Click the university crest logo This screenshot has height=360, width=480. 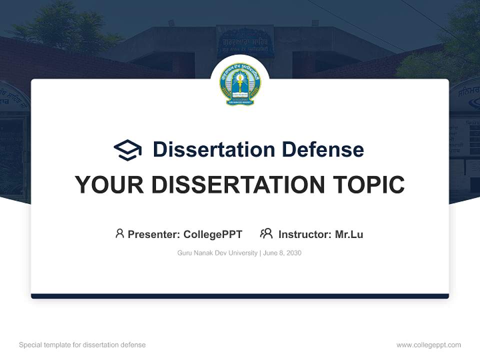pyautogui.click(x=240, y=84)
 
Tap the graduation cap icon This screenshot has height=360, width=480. pyautogui.click(x=127, y=149)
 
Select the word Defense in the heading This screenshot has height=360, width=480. pyautogui.click(x=322, y=149)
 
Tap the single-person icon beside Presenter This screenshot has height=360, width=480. pyautogui.click(x=119, y=233)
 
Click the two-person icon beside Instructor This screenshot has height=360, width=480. pyautogui.click(x=266, y=233)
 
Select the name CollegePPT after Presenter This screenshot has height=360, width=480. pyautogui.click(x=213, y=234)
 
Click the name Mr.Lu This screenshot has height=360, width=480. pyautogui.click(x=349, y=234)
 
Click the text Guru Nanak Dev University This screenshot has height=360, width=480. pyautogui.click(x=217, y=253)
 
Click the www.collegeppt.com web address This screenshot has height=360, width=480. pyautogui.click(x=428, y=345)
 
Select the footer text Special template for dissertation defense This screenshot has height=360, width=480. pyautogui.click(x=82, y=345)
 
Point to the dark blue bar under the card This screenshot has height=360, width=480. pyautogui.click(x=240, y=296)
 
